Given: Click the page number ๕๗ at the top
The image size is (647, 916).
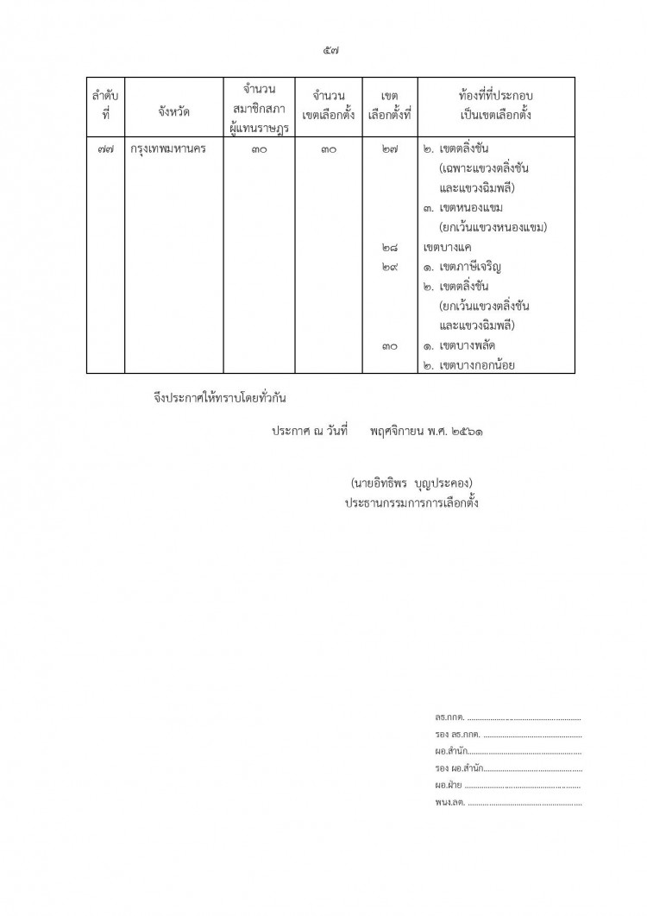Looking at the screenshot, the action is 327,51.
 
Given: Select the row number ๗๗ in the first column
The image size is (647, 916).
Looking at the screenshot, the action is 105,148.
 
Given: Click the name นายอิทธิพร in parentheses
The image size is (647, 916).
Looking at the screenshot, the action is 383,481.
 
